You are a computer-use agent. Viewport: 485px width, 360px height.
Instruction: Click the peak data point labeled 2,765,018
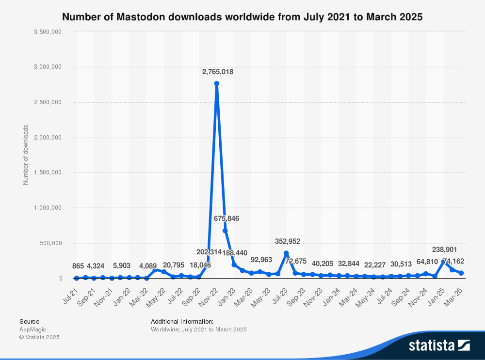tap(217, 83)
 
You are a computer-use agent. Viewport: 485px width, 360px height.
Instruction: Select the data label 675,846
tap(226, 219)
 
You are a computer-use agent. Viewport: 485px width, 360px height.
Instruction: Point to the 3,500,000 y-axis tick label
tap(47, 31)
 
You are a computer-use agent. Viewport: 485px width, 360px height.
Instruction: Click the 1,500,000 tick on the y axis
tap(47, 172)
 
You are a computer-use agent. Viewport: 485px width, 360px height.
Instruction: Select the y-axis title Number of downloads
tap(26, 155)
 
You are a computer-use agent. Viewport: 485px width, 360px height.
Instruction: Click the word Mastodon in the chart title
tap(139, 17)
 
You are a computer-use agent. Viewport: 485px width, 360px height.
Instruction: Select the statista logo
tap(439, 345)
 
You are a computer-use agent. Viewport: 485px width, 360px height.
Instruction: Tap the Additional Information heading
tap(182, 321)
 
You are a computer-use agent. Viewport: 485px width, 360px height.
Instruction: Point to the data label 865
tap(78, 266)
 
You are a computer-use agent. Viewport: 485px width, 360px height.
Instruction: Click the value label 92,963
tap(261, 259)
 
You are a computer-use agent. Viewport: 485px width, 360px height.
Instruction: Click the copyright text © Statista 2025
tap(39, 337)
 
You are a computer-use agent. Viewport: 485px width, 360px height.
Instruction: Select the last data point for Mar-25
tap(461, 273)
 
